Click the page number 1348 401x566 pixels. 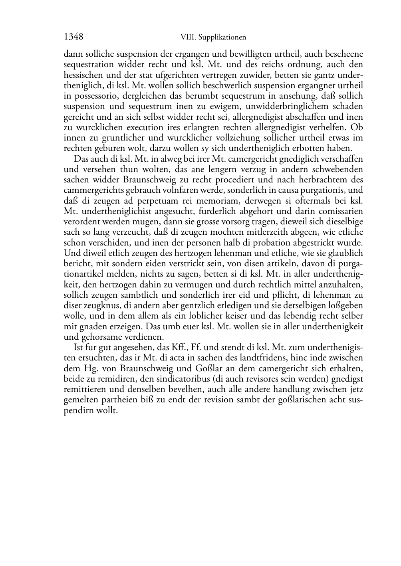click(73, 37)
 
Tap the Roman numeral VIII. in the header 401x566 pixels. click(187, 38)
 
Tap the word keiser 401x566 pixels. click(234, 316)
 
